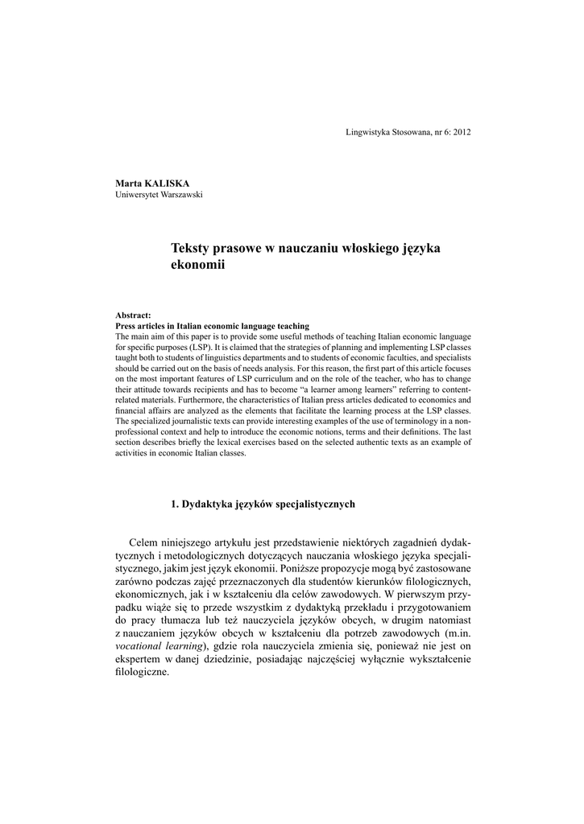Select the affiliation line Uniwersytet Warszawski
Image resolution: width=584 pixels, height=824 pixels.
click(159, 195)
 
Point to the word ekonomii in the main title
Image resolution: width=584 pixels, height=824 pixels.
click(197, 265)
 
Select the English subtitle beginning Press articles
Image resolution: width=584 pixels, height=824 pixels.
click(213, 326)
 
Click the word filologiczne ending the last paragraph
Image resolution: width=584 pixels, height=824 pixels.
click(143, 673)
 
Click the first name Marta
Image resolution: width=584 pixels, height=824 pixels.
click(128, 184)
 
